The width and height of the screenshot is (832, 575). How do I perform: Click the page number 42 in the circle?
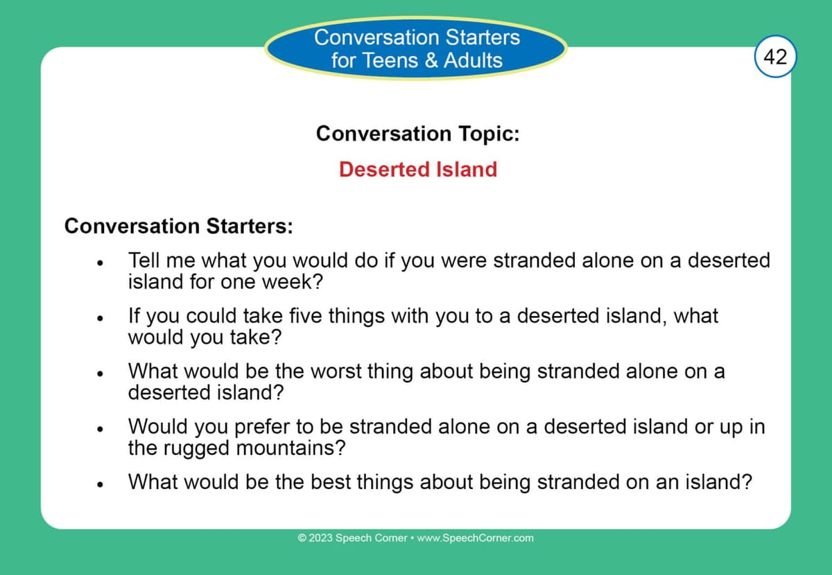tap(774, 56)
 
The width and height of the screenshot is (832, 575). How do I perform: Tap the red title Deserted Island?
tap(418, 170)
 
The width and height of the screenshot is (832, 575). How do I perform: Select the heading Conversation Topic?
tap(417, 133)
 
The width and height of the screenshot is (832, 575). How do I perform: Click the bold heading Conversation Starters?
tap(178, 227)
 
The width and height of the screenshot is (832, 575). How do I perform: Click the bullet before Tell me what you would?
tap(101, 264)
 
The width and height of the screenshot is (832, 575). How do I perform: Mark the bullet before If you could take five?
tap(101, 319)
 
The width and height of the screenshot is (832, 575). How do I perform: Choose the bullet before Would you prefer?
tap(101, 430)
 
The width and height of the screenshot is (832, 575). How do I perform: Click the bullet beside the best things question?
tap(101, 484)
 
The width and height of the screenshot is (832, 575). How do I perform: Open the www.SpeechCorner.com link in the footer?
tap(476, 538)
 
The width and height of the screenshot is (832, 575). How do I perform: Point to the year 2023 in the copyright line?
tap(321, 538)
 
